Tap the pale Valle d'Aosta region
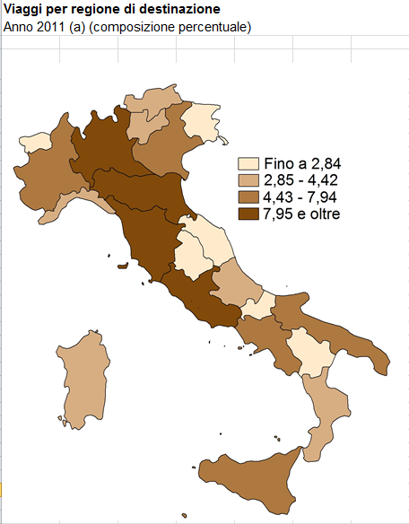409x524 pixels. click(37, 142)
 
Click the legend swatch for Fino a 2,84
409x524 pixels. click(248, 163)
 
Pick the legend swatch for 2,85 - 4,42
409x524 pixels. click(248, 180)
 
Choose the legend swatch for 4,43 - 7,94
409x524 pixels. click(248, 197)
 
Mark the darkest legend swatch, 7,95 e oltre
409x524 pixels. click(248, 214)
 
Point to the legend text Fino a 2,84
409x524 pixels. click(303, 163)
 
